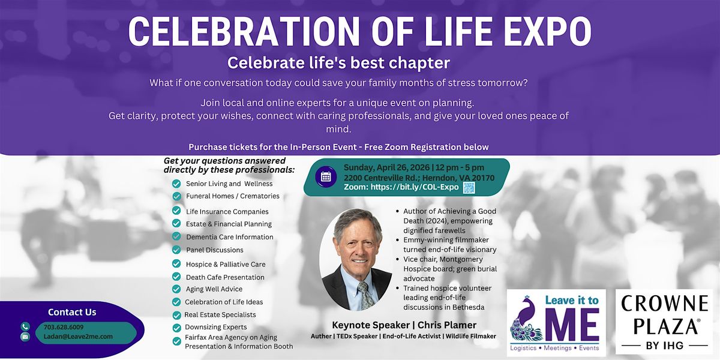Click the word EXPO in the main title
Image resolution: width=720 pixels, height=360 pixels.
547,31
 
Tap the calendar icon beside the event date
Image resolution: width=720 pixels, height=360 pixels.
326,177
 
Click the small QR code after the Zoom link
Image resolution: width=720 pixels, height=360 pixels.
469,188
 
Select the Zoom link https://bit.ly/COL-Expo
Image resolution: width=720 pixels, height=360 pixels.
415,187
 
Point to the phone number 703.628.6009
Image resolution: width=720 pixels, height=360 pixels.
64,327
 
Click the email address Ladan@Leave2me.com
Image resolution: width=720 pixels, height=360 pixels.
79,336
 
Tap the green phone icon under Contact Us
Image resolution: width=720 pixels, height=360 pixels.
25,326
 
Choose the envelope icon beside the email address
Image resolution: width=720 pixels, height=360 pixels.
25,337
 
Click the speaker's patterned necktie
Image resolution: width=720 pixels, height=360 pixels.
365,295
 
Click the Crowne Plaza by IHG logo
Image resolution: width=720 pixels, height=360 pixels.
664,322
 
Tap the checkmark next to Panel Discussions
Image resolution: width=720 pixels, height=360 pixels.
176,250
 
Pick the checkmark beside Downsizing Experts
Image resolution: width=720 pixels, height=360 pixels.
176,328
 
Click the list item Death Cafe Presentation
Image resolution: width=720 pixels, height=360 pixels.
225,277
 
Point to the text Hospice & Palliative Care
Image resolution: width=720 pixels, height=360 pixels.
226,264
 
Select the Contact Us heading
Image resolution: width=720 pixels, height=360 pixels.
72,312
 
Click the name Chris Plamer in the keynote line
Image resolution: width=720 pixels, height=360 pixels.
447,325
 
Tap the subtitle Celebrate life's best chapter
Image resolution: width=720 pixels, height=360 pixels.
338,62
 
